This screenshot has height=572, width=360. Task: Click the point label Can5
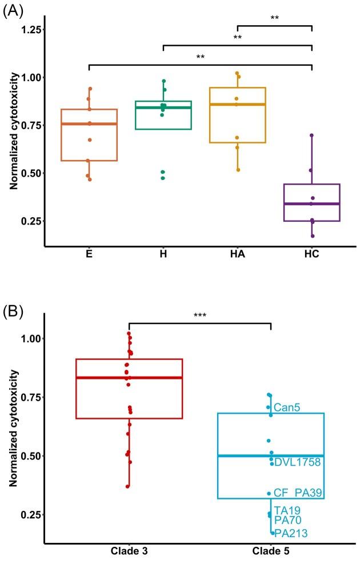pos(287,408)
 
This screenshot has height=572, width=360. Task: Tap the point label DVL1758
pos(297,462)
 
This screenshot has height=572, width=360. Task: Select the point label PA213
pos(291,534)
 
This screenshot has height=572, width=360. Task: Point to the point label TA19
pos(287,510)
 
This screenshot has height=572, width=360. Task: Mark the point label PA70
pos(287,520)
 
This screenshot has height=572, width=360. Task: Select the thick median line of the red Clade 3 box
pos(129,378)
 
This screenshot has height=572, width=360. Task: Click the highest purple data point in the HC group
pos(311,135)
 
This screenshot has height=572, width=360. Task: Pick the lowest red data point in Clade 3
pos(128,486)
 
